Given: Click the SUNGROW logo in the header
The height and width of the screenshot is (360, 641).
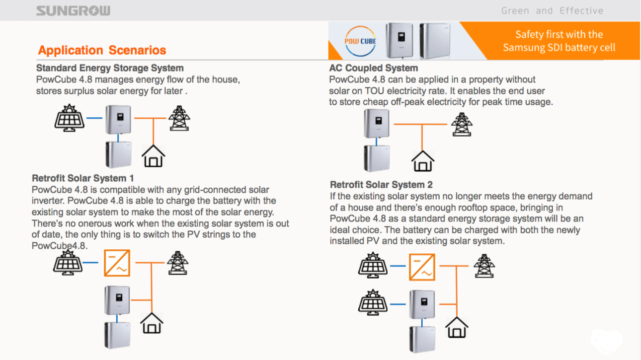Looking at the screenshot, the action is pyautogui.click(x=73, y=11).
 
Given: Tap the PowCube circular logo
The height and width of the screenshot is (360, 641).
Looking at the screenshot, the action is pyautogui.click(x=360, y=41).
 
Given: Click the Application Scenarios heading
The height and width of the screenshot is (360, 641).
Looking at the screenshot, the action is pyautogui.click(x=102, y=50).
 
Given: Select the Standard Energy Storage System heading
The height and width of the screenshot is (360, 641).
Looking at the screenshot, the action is pyautogui.click(x=110, y=68).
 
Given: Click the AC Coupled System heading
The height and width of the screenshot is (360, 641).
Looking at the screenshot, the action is pyautogui.click(x=374, y=68).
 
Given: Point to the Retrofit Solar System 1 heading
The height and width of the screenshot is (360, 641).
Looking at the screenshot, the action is pyautogui.click(x=82, y=178).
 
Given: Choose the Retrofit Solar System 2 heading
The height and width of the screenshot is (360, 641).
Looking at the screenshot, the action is pyautogui.click(x=381, y=185).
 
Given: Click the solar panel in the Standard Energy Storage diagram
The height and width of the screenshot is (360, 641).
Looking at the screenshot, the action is pyautogui.click(x=69, y=118).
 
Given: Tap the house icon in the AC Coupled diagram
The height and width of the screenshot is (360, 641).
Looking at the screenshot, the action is pyautogui.click(x=423, y=161).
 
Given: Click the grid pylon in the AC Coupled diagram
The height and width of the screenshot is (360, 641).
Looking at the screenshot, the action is pyautogui.click(x=462, y=124).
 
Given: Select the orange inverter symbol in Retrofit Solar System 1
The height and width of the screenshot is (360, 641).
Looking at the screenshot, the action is pyautogui.click(x=117, y=263).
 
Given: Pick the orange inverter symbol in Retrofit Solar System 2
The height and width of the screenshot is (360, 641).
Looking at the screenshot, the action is pyautogui.click(x=422, y=267).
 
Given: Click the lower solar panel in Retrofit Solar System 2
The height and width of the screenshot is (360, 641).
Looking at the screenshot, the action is pyautogui.click(x=373, y=302).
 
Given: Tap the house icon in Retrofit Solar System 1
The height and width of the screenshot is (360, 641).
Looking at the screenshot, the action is pyautogui.click(x=152, y=323).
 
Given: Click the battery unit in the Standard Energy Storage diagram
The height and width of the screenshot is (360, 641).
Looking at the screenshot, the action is pyautogui.click(x=118, y=154).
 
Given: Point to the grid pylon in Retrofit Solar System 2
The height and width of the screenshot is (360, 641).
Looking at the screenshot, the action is pyautogui.click(x=484, y=266).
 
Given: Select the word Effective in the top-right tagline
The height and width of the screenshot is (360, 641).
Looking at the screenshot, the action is pyautogui.click(x=581, y=11).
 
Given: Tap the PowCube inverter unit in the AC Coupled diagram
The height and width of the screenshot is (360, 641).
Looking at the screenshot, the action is pyautogui.click(x=377, y=124).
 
